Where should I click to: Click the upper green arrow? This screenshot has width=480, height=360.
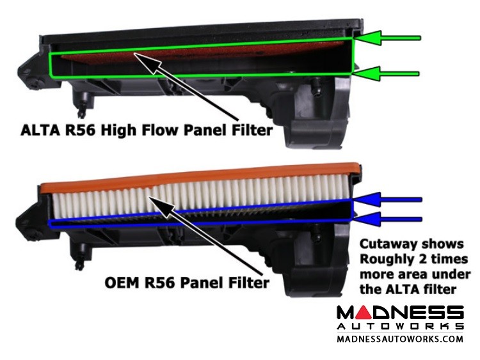[387, 38]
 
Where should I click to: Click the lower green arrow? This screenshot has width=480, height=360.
[387, 74]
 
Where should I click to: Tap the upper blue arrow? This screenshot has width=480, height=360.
[388, 200]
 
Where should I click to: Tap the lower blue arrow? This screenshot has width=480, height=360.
[388, 219]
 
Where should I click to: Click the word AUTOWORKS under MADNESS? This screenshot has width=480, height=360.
[400, 326]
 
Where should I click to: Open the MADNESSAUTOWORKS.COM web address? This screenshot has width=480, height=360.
[400, 339]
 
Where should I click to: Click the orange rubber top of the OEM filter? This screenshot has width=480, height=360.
[200, 178]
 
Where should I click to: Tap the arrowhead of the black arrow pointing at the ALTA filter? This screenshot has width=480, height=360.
[147, 62]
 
